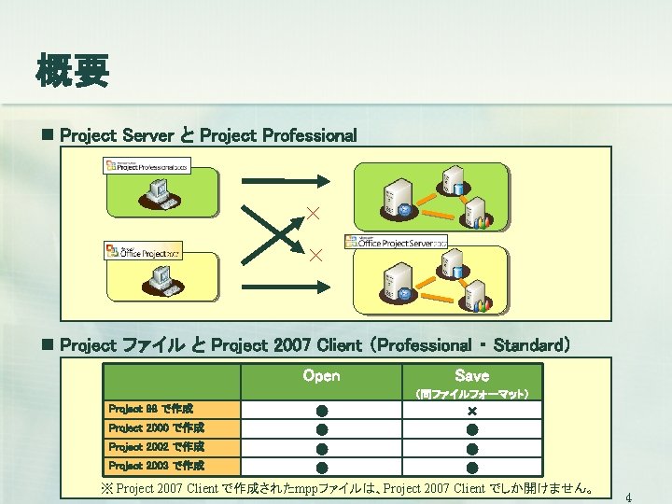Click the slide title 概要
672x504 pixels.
click(73, 70)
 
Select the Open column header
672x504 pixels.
click(321, 376)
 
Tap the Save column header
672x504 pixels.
click(471, 376)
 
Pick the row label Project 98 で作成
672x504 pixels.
click(150, 409)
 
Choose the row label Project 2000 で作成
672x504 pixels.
click(155, 427)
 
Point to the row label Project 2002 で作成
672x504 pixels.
click(155, 446)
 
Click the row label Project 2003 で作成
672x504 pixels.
click(155, 465)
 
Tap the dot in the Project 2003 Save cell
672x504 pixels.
click(471, 467)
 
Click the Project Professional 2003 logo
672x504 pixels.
click(147, 165)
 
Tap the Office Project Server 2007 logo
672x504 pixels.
click(396, 243)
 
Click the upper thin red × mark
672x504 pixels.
click(315, 215)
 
